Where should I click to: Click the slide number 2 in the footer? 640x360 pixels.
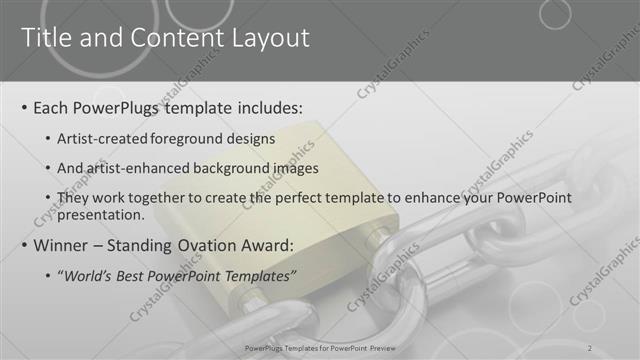590,347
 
